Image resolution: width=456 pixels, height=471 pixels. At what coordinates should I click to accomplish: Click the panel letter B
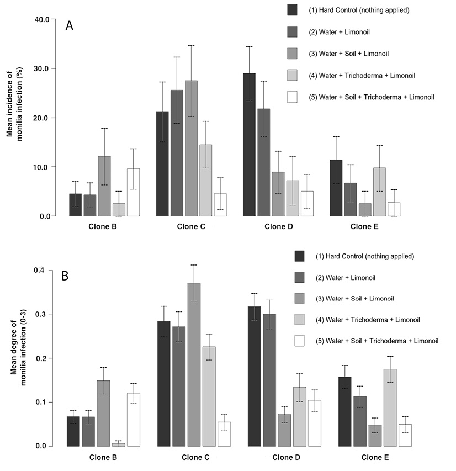[x=65, y=276]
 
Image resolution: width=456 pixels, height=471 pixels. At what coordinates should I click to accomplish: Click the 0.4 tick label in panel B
[x=43, y=270]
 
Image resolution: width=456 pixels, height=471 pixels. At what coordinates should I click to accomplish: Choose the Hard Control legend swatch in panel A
[x=293, y=10]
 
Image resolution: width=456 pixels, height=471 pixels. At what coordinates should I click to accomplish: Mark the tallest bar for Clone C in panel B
[x=194, y=364]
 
